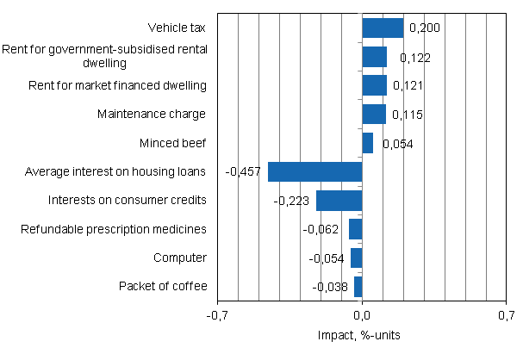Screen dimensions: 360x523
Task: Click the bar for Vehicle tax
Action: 383,28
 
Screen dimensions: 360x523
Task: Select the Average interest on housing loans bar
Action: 315,171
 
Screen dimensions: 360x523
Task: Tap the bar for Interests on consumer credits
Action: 339,201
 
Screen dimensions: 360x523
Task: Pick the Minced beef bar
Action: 368,143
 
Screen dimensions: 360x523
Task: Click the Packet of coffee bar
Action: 358,287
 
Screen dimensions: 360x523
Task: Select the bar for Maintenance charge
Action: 374,115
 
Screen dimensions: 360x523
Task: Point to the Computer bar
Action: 357,258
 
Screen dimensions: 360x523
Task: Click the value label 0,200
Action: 424,29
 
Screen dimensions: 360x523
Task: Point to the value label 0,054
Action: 397,144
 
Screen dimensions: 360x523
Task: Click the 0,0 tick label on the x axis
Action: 363,315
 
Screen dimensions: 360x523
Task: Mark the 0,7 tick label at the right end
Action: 506,315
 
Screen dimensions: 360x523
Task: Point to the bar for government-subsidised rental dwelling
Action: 375,57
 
